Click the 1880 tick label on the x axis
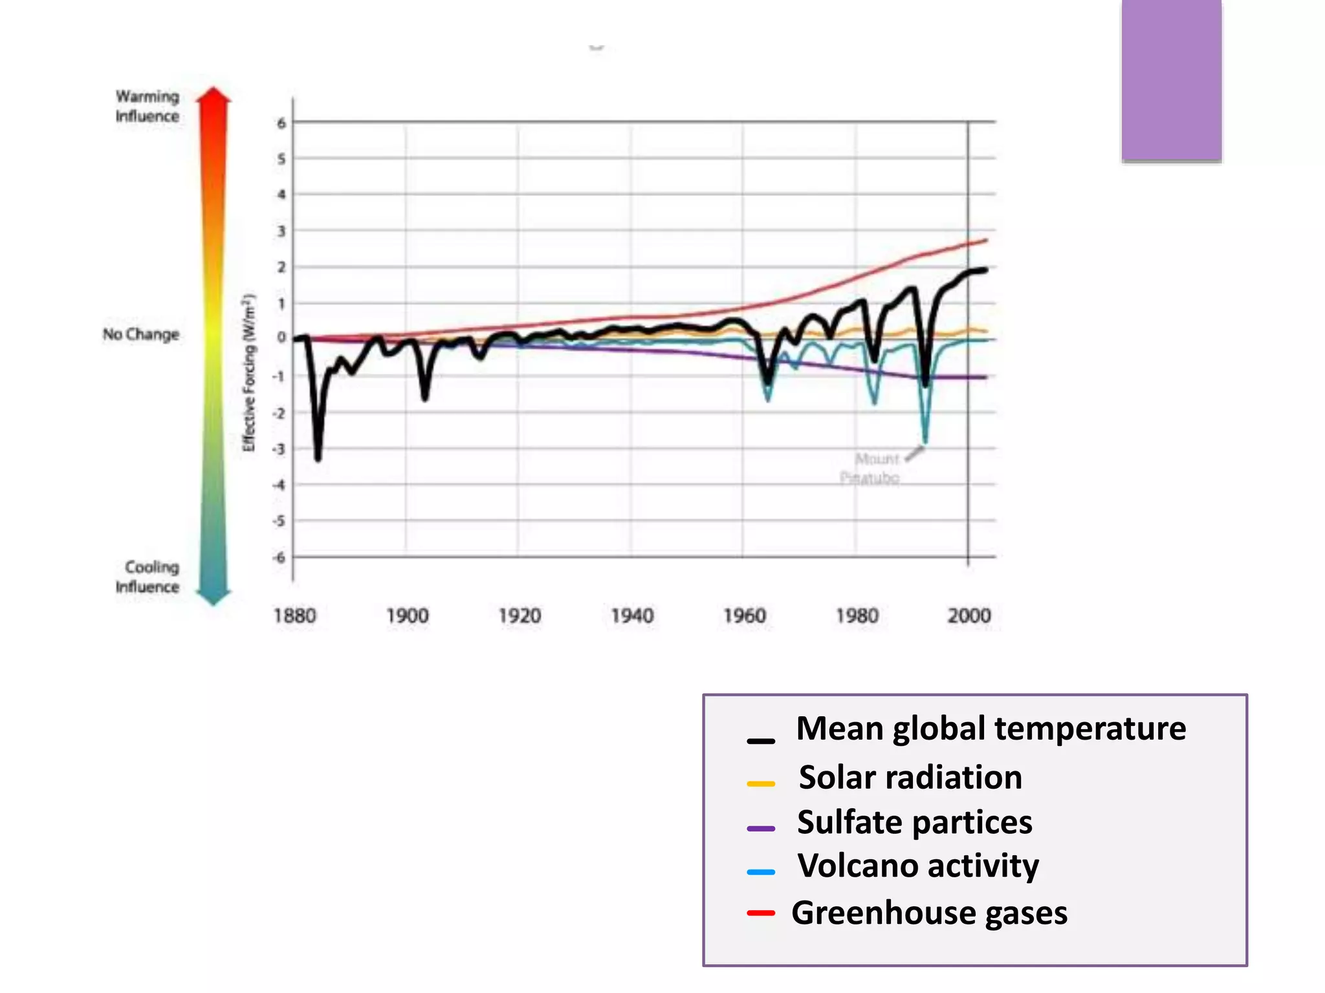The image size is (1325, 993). [x=294, y=615]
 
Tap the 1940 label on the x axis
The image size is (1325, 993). [x=632, y=615]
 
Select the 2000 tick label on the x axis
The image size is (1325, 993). [x=969, y=615]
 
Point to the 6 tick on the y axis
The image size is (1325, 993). [x=281, y=123]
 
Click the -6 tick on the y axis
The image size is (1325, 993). [x=279, y=557]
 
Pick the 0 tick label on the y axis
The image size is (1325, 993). [x=281, y=337]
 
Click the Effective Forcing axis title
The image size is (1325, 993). [x=249, y=373]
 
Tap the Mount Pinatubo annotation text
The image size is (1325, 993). [x=871, y=468]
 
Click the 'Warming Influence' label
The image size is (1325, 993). [x=148, y=106]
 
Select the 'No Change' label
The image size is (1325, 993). [x=140, y=334]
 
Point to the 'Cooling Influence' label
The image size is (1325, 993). [x=149, y=577]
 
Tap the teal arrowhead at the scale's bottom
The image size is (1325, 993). [x=214, y=597]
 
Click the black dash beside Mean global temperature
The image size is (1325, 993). [x=761, y=741]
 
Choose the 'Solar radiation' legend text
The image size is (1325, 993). [x=910, y=777]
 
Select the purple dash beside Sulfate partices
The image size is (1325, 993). [x=761, y=828]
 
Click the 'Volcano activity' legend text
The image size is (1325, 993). [x=918, y=866]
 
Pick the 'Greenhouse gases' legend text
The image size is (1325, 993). [x=929, y=913]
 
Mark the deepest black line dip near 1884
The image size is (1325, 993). [x=318, y=458]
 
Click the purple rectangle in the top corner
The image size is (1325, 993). [x=1172, y=80]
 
